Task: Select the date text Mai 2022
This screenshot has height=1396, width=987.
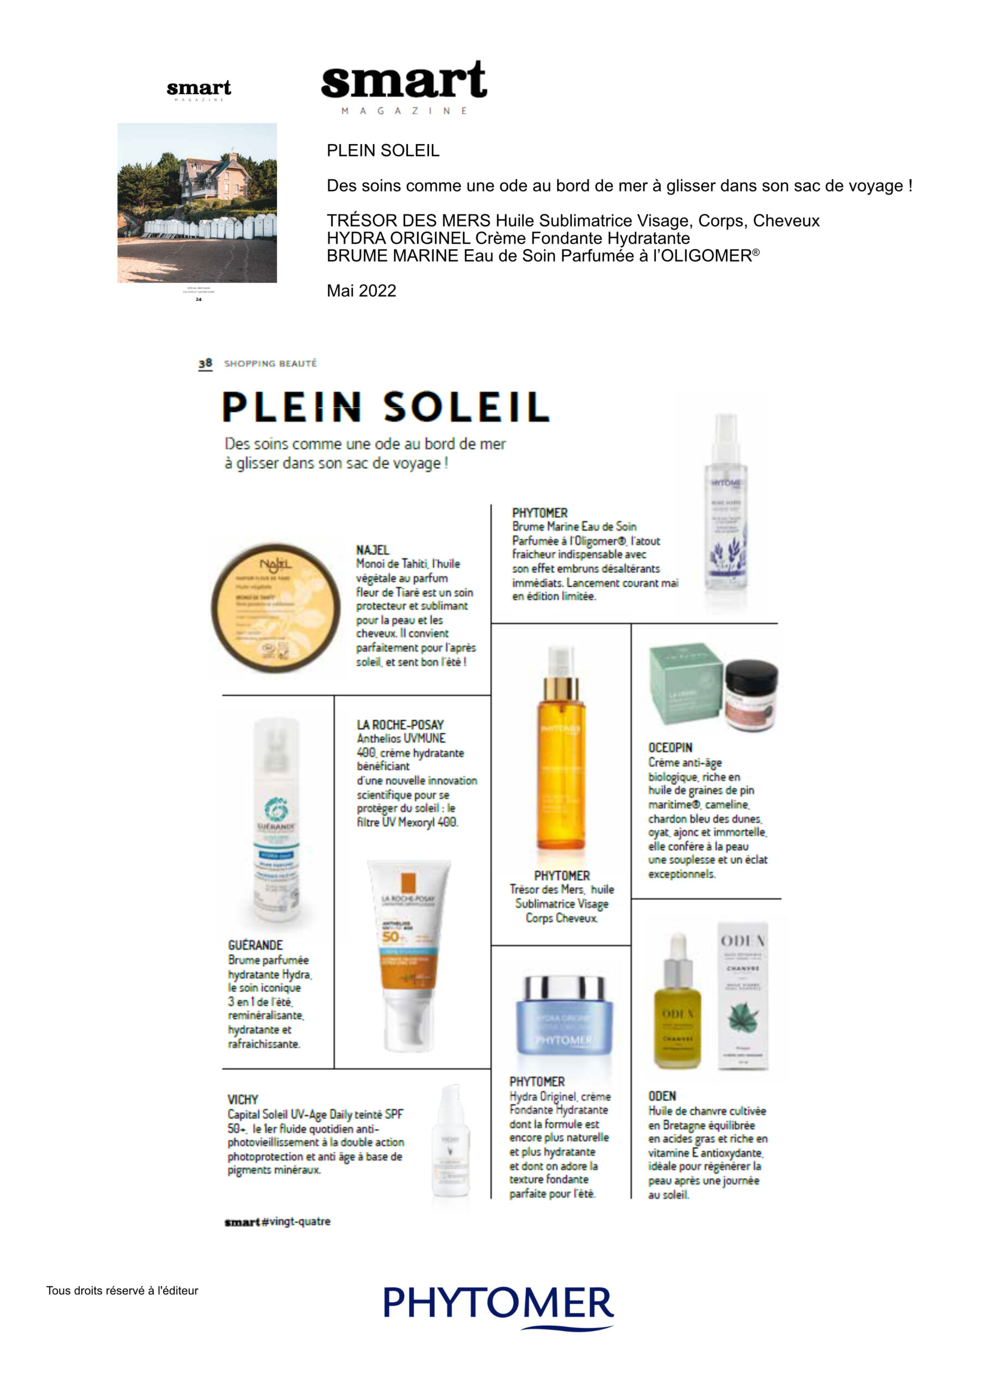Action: (x=361, y=291)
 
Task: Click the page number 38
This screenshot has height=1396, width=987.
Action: (x=205, y=363)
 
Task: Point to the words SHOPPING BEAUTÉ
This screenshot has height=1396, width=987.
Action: (x=270, y=364)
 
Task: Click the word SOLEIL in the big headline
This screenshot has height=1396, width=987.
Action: (x=466, y=407)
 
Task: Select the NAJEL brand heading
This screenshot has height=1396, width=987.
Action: (x=372, y=550)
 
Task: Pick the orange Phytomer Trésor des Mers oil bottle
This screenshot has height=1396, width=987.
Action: (x=560, y=754)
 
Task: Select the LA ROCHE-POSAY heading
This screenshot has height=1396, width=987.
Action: (x=400, y=725)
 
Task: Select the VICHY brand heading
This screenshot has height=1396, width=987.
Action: (x=243, y=1099)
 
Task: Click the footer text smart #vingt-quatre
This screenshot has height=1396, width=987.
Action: (x=278, y=1221)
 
